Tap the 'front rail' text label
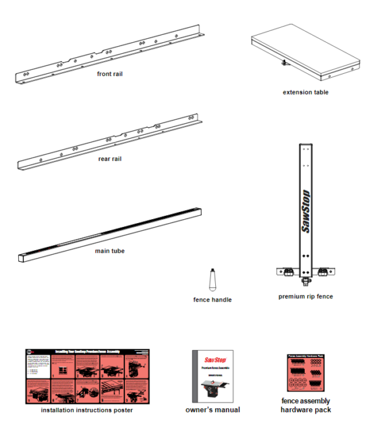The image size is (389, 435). (x=110, y=74)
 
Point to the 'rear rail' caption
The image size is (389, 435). (x=110, y=159)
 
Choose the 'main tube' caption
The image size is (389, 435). (x=110, y=251)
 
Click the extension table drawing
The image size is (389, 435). (x=305, y=55)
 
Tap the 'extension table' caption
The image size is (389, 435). (x=305, y=93)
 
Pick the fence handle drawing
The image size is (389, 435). (x=212, y=280)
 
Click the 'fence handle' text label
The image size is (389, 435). (x=212, y=300)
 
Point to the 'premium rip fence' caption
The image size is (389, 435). (x=305, y=297)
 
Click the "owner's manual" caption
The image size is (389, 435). (x=213, y=410)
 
